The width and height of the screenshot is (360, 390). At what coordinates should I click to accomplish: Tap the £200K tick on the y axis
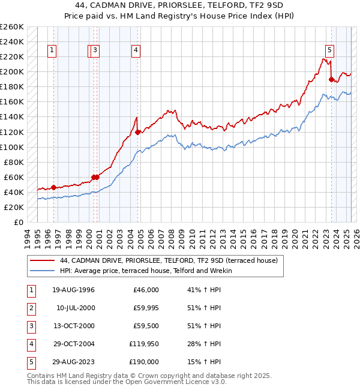[x=12, y=72]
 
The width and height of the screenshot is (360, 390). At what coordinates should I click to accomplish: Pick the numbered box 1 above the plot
[x=53, y=51]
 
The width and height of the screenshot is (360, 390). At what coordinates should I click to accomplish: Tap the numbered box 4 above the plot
[x=137, y=51]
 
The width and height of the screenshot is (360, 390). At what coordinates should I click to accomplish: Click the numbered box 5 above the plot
[x=330, y=51]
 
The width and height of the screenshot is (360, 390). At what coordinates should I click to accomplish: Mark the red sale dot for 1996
[x=53, y=187]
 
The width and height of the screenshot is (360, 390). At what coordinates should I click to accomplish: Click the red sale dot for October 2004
[x=137, y=132]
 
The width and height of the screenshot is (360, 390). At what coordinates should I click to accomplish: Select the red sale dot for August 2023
[x=331, y=79]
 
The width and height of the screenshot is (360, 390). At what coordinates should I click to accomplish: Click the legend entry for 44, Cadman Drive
[x=168, y=261]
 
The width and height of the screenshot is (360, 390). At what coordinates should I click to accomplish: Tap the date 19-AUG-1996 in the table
[x=73, y=290]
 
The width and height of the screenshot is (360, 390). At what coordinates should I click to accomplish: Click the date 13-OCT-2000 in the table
[x=73, y=326]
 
